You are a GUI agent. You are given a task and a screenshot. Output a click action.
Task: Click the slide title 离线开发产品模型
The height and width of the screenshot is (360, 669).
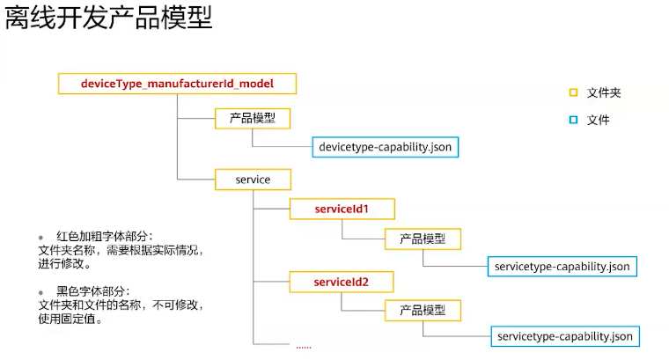point(109,18)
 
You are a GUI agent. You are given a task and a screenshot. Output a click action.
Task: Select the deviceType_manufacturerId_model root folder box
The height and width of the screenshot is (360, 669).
point(177,84)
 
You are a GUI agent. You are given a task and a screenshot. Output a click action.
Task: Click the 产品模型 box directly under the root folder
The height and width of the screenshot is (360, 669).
point(253,119)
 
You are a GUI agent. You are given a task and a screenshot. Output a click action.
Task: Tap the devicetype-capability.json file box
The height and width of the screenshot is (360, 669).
point(386,146)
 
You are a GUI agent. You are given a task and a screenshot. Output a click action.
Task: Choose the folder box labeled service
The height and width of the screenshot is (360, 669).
point(253,180)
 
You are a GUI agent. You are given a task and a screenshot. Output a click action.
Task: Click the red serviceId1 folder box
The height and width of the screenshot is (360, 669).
point(342,209)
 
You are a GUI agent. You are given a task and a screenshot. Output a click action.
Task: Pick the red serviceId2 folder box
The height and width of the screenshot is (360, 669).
point(342,282)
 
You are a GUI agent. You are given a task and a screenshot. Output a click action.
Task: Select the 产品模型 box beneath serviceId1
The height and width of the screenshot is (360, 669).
point(423,239)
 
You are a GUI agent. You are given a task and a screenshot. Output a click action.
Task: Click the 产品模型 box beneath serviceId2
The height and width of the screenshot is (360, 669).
point(423,310)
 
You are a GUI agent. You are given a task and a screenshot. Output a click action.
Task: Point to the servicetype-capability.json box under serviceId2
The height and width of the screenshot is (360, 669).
point(564,336)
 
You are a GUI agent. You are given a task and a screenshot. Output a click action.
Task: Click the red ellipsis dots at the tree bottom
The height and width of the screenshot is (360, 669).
point(304,346)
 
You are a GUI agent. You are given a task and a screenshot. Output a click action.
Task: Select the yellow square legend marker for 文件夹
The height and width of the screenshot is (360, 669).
point(573,92)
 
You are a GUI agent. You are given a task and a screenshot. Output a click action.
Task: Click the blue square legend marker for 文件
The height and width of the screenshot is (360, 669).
point(573,120)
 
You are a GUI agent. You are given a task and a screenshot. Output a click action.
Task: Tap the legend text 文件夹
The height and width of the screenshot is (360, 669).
point(604,92)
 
